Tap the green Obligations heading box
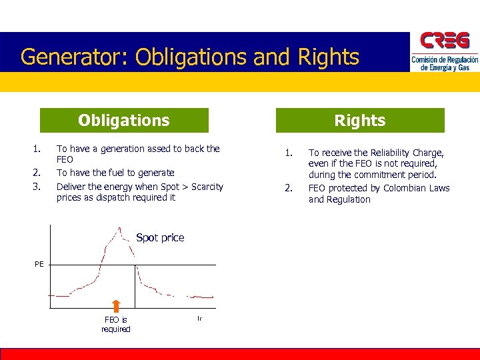pyautogui.click(x=124, y=121)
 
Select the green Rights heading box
pyautogui.click(x=360, y=121)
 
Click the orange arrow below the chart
pyautogui.click(x=116, y=307)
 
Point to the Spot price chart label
pyautogui.click(x=160, y=238)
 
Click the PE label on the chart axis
pyautogui.click(x=39, y=265)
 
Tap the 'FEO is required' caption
pyautogui.click(x=116, y=325)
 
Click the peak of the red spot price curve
pyautogui.click(x=119, y=230)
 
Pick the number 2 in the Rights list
pyautogui.click(x=288, y=188)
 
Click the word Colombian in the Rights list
pyautogui.click(x=406, y=188)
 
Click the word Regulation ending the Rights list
pyautogui.click(x=349, y=199)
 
